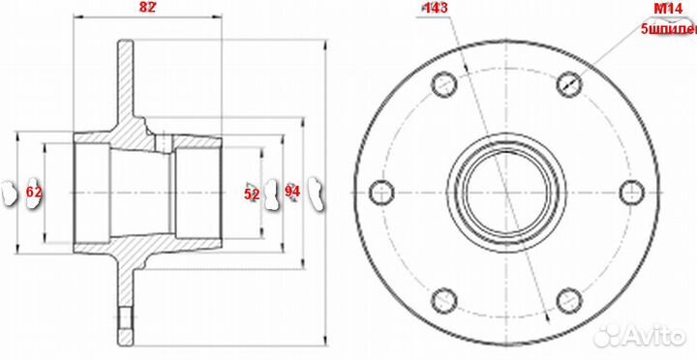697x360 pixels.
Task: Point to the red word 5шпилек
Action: (x=668, y=30)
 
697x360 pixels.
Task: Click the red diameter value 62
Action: (x=34, y=193)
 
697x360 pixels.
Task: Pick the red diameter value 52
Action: (x=252, y=194)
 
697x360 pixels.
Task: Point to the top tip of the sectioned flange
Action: (x=127, y=43)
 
